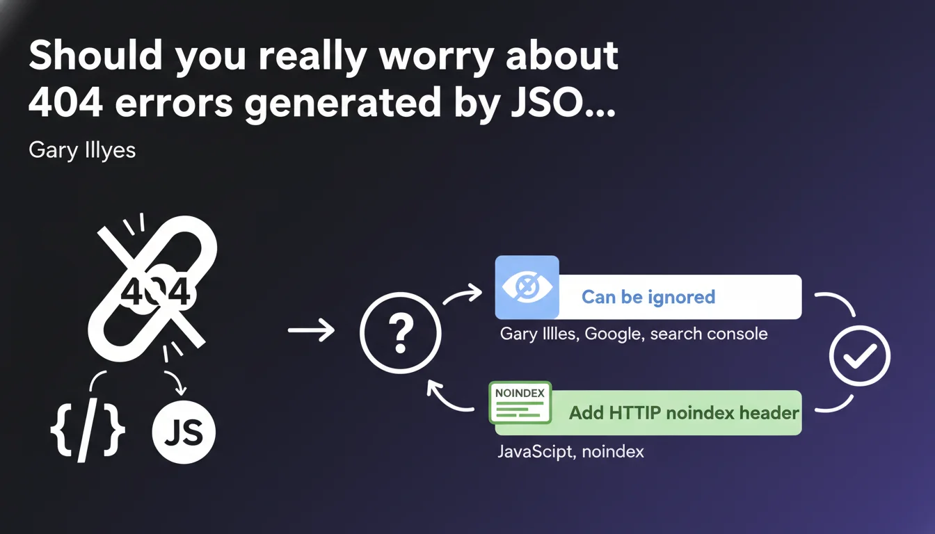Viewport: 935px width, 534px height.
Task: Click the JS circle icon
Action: click(184, 432)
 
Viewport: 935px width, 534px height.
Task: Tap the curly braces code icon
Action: click(88, 430)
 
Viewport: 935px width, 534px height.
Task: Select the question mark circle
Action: click(400, 332)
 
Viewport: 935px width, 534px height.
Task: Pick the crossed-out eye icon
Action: click(527, 287)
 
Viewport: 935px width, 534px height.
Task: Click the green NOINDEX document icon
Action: click(520, 403)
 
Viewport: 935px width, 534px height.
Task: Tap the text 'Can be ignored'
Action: click(648, 297)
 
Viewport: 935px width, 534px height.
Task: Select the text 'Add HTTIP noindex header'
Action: click(684, 412)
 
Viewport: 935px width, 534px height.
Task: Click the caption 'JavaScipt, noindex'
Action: click(570, 452)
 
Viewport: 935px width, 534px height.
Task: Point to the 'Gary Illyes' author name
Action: click(82, 150)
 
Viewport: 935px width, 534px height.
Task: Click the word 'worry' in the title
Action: click(436, 56)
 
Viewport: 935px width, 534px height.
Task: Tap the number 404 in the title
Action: click(65, 102)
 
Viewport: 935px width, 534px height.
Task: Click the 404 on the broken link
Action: click(155, 293)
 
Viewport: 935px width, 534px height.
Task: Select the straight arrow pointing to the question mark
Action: click(312, 330)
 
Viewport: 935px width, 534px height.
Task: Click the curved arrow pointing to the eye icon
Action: click(463, 293)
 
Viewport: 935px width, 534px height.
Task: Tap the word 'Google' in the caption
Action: click(612, 334)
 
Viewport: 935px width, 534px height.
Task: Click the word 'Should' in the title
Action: click(95, 55)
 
